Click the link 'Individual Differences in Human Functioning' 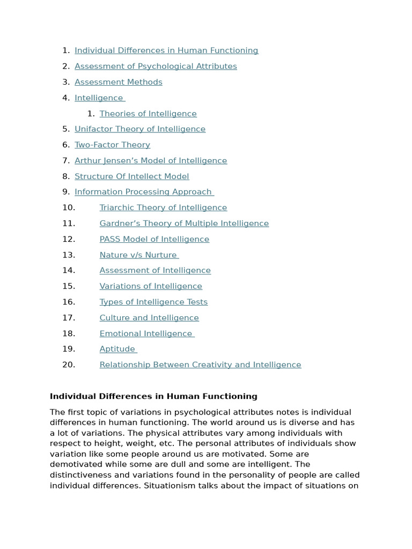pos(166,50)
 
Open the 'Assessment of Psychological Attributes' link pos(156,66)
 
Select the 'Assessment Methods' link pos(118,82)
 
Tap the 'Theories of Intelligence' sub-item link pos(148,114)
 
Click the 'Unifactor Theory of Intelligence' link pos(139,129)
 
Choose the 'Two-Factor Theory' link pos(112,145)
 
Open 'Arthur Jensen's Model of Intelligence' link pos(151,161)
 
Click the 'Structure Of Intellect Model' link pos(131,176)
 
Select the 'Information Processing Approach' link pos(143,192)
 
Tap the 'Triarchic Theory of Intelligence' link pos(163,207)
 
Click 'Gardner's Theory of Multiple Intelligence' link pos(184,224)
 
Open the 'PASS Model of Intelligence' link pos(154,239)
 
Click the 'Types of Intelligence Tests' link pos(153,302)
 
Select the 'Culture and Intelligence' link pos(149,318)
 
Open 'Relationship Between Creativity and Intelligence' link pos(200,365)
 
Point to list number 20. pos(69,365)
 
